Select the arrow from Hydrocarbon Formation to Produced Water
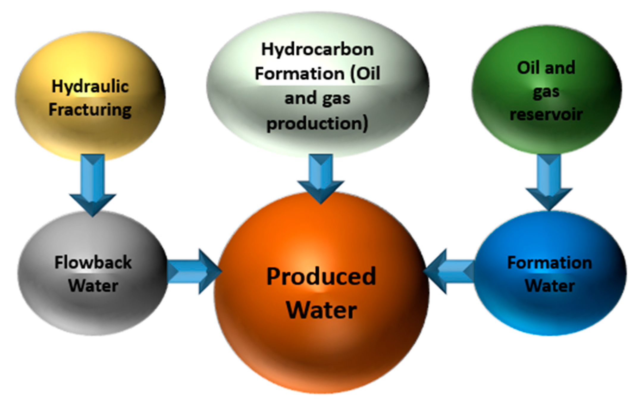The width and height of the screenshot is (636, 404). (321, 178)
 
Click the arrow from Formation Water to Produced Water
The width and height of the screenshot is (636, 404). (449, 272)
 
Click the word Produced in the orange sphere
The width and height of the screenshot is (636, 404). (321, 276)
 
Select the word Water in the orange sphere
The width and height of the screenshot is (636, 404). (321, 310)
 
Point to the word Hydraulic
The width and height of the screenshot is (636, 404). (90, 87)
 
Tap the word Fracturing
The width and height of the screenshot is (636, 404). (90, 110)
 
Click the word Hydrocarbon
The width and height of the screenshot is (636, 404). (317, 49)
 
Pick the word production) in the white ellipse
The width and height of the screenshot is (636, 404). (317, 124)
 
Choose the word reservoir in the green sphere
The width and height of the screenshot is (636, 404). (546, 115)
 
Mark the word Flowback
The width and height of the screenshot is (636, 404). (93, 263)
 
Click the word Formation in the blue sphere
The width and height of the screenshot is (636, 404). (549, 263)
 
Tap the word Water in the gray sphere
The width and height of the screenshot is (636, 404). (93, 286)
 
